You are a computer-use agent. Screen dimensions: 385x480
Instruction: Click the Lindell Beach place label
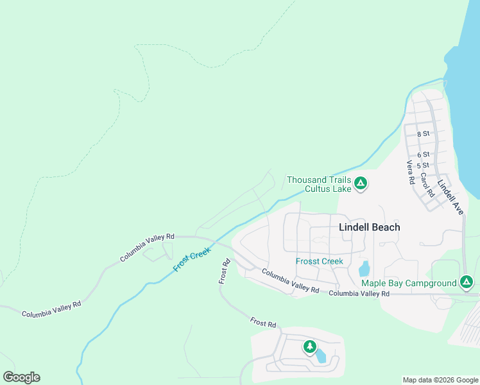369,227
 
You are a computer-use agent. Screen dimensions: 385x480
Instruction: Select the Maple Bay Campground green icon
467,282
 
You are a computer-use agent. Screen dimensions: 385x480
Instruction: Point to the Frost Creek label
191,259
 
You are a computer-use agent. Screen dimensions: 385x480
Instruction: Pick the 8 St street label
423,133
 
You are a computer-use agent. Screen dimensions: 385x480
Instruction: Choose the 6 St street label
423,155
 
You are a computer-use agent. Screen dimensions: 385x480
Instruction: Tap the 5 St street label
423,165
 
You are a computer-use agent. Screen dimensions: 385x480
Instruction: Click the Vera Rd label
410,172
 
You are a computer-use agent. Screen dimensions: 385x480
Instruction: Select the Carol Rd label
426,184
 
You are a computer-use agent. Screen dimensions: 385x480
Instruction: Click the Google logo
21,377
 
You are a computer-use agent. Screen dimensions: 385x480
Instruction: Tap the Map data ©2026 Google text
440,380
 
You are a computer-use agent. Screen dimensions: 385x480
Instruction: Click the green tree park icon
310,347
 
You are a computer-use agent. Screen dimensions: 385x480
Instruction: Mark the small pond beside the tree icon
321,356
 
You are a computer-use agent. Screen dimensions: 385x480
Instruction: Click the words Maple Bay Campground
409,283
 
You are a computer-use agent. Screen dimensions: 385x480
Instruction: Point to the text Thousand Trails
318,180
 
